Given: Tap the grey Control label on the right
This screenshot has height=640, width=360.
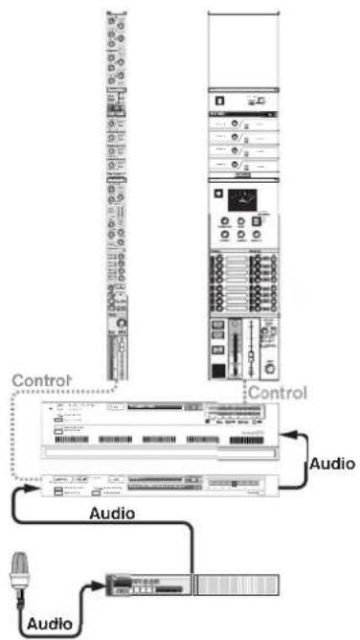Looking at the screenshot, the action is [x=278, y=392].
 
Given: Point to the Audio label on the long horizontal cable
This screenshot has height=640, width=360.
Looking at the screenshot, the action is [x=112, y=513].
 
